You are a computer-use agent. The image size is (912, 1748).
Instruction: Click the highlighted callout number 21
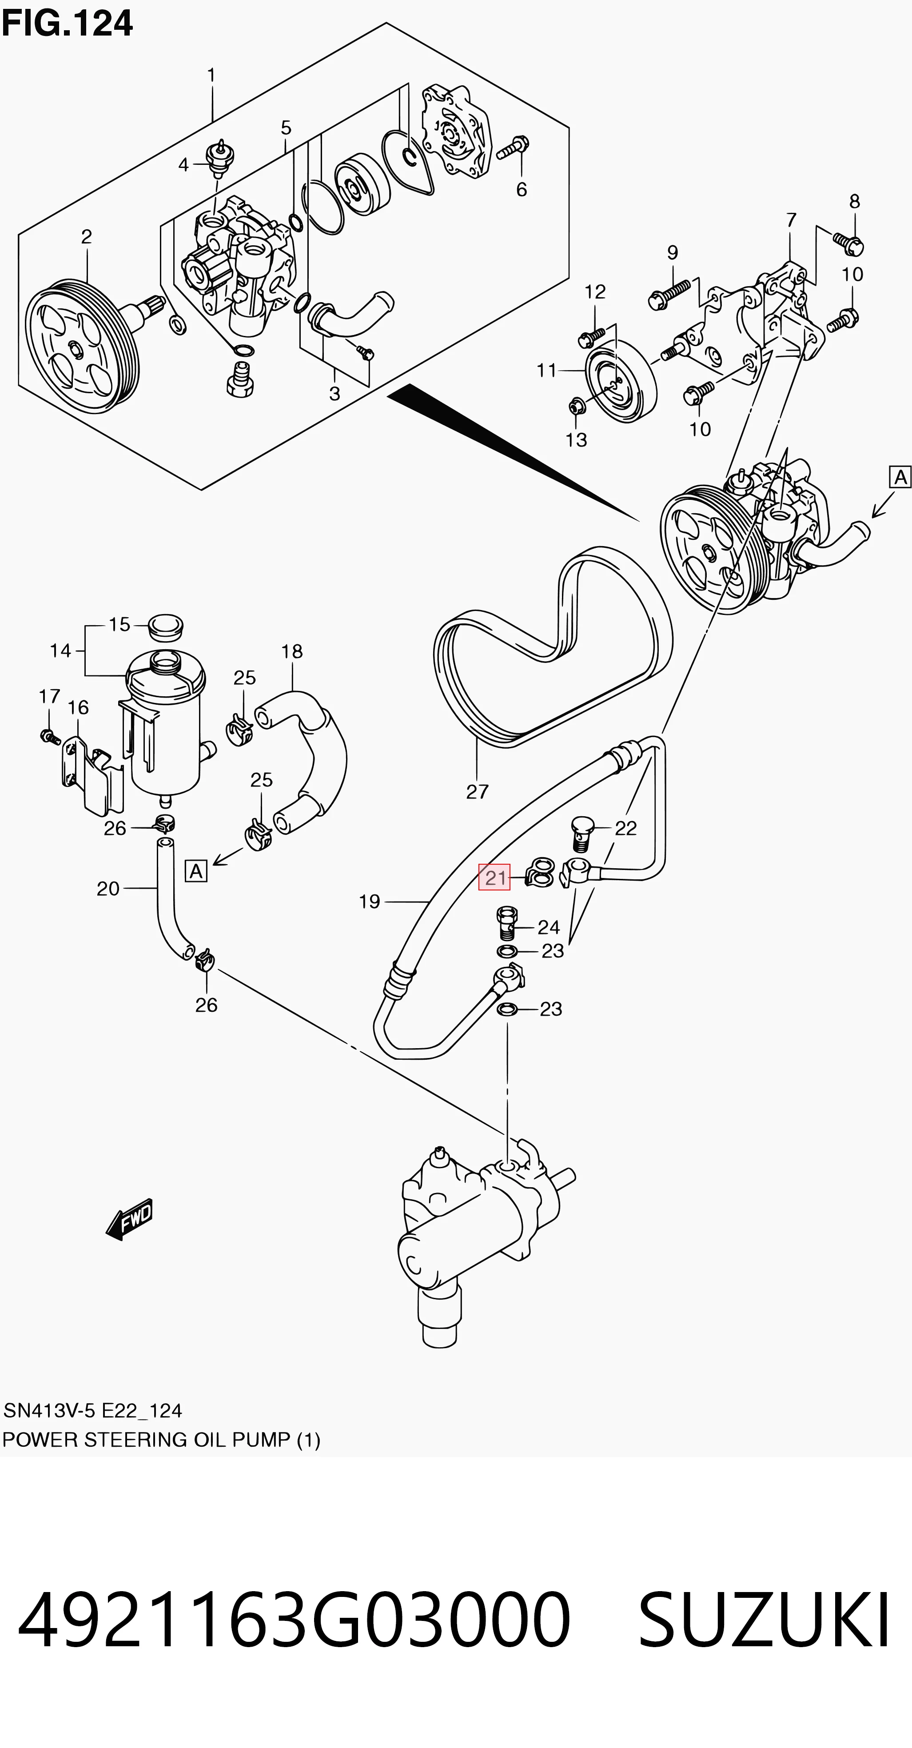tap(495, 878)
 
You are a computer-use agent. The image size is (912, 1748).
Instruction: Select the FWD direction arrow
tap(130, 1219)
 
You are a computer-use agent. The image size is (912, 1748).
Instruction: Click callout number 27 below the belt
tap(477, 792)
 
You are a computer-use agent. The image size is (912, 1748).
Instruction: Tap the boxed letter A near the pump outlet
tap(900, 477)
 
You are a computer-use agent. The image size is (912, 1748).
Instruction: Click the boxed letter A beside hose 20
tap(196, 870)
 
